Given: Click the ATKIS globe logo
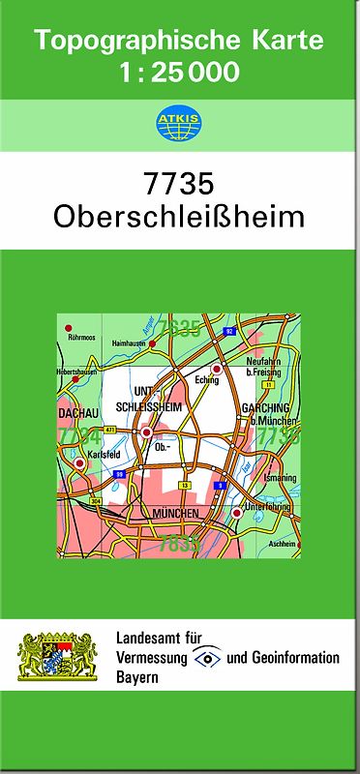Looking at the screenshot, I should (175, 122).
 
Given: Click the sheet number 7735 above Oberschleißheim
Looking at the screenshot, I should (180, 184).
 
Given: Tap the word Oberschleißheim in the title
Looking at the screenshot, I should (180, 216).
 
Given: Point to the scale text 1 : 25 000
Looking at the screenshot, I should (180, 73).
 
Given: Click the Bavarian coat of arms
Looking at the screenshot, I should (58, 655).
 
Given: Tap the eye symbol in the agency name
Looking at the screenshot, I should (207, 658).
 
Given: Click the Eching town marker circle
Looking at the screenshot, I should (217, 370).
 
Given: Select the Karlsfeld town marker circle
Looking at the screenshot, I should (79, 463).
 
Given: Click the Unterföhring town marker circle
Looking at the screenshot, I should (236, 512).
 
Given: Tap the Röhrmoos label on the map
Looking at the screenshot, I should (81, 339).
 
